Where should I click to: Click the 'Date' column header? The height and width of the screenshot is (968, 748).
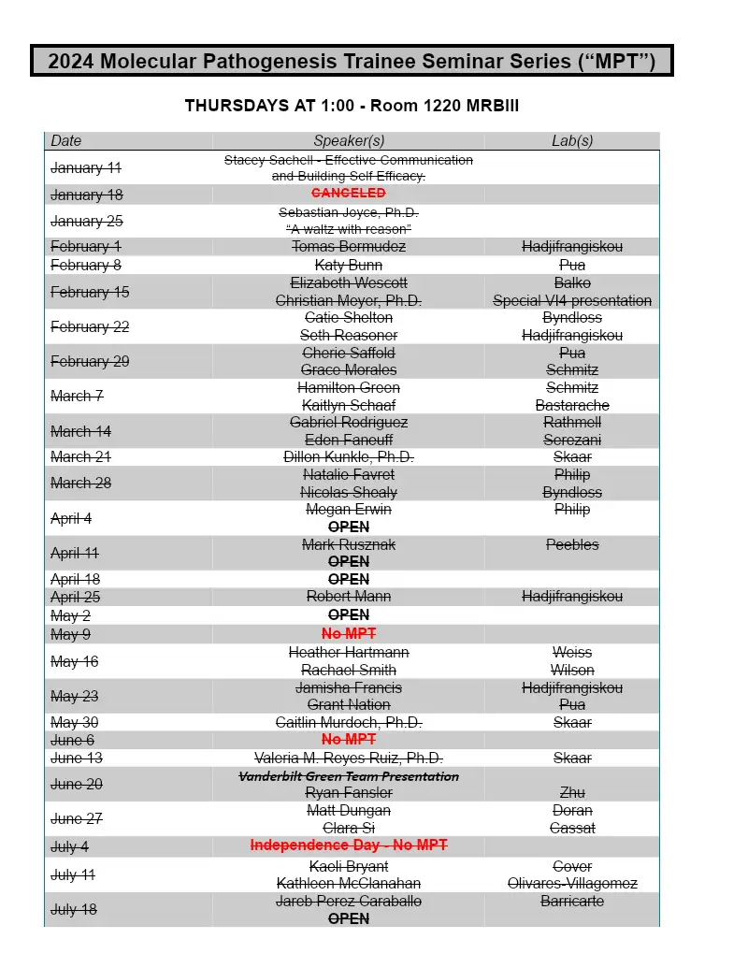pos(66,141)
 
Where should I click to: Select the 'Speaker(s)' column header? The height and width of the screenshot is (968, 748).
pos(349,141)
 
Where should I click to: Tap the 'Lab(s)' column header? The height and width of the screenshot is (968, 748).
pos(572,141)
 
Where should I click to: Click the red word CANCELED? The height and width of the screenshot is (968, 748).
pos(349,194)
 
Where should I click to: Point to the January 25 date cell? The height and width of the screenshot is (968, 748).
pos(86,222)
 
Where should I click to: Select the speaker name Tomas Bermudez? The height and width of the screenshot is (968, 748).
pos(349,247)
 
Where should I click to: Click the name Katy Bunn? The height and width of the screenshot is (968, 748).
pos(349,266)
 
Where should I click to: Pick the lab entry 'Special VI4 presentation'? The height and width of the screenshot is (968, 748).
pos(572,300)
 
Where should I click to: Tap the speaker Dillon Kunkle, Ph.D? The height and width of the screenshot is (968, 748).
pos(349,457)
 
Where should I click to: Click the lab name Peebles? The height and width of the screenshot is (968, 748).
pos(572,544)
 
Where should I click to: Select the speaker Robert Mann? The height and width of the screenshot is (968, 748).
pos(349,597)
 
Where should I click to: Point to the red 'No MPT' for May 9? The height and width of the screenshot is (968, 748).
pos(349,634)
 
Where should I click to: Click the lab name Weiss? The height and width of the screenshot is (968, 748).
pos(572,652)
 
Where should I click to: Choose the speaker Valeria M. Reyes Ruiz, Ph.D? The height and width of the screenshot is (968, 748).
pos(349,758)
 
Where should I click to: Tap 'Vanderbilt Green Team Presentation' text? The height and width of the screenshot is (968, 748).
pos(349,776)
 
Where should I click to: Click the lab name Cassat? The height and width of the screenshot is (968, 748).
pos(572,828)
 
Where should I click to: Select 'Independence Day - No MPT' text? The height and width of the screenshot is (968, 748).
pos(349,845)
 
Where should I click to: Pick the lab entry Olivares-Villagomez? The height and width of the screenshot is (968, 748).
pos(572,884)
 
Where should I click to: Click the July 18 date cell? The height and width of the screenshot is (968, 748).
pos(74,910)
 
